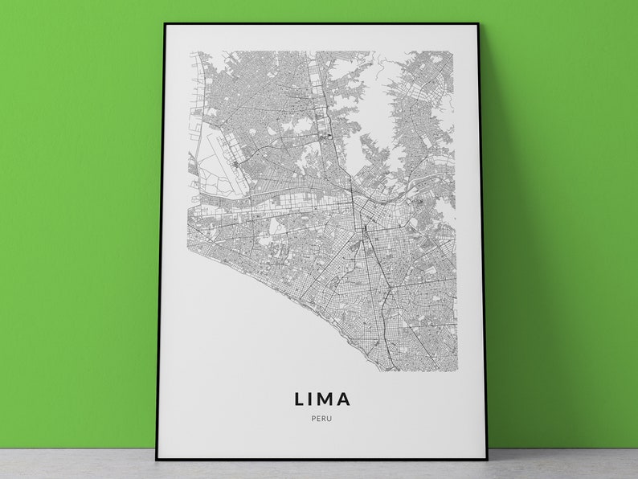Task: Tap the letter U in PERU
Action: click(x=329, y=417)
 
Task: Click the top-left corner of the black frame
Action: click(x=164, y=24)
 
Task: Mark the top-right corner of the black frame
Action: click(x=478, y=25)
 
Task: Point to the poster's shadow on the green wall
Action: click(x=502, y=241)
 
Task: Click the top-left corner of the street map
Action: click(x=190, y=52)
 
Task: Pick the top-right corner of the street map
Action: click(x=456, y=52)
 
